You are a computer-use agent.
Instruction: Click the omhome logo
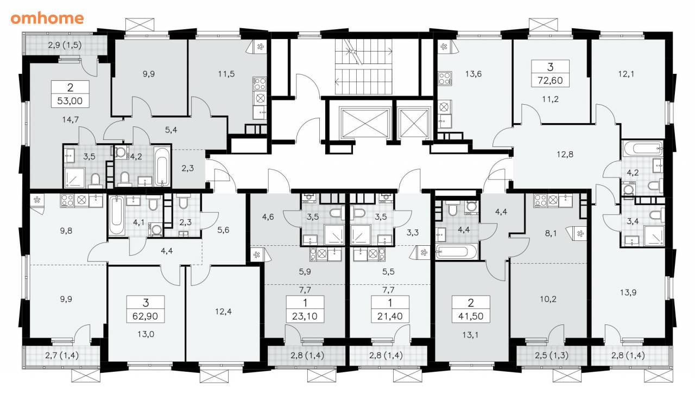47,18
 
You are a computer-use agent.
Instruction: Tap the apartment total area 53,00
70,101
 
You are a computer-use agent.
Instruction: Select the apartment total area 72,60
550,80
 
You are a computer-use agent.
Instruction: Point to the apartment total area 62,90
145,316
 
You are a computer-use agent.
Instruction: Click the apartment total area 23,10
305,316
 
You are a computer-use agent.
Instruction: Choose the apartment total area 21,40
390,316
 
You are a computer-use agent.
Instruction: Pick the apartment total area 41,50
471,316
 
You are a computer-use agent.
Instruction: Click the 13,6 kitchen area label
473,74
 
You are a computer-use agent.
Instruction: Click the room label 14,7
71,119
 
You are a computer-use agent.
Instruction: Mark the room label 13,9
628,292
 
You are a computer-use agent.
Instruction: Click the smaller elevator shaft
414,123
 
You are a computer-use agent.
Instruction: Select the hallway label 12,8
565,154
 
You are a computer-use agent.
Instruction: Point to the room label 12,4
223,311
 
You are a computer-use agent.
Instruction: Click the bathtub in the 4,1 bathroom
117,215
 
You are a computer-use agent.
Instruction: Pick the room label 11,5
226,74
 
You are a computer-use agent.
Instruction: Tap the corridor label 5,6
223,230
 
